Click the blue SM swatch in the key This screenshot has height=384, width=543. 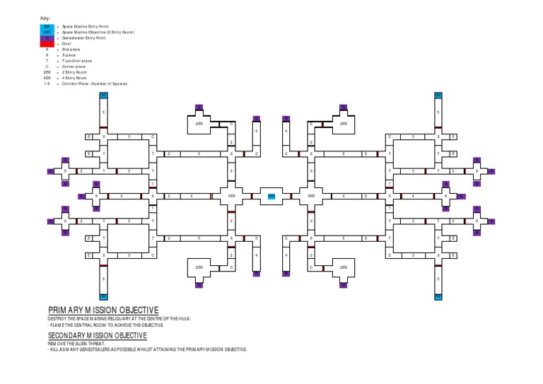tap(47, 25)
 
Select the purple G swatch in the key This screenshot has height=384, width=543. tap(47, 37)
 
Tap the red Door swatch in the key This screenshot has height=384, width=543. tap(47, 43)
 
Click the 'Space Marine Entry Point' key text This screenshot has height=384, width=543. tap(86, 25)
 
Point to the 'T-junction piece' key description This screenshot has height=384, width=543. tap(77, 61)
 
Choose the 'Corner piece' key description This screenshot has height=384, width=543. tap(74, 66)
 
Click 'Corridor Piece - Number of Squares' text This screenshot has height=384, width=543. tap(95, 83)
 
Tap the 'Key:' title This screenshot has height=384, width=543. tap(45, 18)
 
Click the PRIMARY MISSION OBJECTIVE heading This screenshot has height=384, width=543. tap(103, 310)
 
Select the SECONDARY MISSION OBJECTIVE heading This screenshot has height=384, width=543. tap(98, 335)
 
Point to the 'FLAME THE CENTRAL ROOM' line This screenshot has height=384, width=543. tap(105, 325)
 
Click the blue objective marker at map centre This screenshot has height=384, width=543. tap(271, 196)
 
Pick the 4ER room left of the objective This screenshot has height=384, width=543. tap(231, 196)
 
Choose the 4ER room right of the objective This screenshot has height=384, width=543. tap(311, 196)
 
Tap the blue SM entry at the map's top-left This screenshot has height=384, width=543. tap(103, 95)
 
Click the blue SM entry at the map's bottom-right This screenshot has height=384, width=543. tap(438, 297)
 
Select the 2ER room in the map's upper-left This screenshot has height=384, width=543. tap(199, 124)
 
